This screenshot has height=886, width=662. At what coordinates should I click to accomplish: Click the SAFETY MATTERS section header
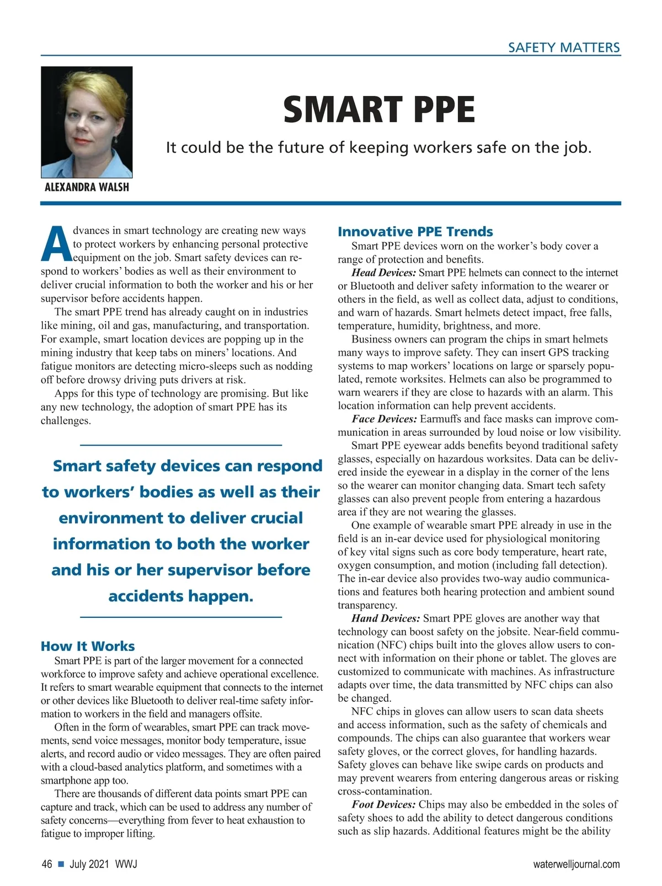564,47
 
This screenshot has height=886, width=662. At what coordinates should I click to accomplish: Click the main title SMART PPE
378,110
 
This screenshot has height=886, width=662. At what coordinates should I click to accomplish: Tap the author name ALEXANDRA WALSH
87,187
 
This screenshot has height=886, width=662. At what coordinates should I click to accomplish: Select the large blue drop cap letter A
56,244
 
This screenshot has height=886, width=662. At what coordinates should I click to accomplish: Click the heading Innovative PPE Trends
415,232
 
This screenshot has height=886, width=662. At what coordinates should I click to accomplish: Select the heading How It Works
88,646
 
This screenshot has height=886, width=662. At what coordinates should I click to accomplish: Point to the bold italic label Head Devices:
384,273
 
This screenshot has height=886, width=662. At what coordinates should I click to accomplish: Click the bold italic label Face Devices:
384,419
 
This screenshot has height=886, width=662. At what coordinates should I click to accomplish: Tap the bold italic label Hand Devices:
386,618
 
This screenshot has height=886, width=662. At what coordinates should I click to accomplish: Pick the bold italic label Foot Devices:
384,804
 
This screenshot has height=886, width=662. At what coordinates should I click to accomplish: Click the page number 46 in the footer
47,864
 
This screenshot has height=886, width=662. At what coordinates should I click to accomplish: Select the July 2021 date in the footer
89,864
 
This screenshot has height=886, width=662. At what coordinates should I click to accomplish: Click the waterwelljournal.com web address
576,864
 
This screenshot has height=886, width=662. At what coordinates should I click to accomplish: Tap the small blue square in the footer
61,864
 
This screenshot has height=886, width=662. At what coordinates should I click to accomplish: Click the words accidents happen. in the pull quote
181,596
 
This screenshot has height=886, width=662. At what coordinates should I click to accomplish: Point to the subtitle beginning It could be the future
378,147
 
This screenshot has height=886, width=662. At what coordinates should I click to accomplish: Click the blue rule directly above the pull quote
181,445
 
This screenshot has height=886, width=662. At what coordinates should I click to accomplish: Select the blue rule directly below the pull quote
181,617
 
